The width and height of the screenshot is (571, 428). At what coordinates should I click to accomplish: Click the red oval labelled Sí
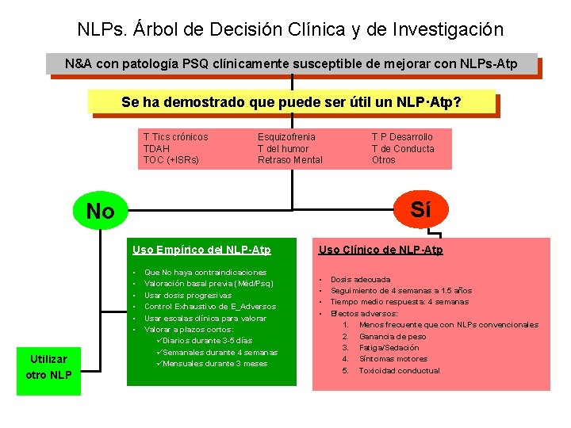[x=421, y=209]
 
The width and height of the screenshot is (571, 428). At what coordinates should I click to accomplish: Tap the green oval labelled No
[x=100, y=212]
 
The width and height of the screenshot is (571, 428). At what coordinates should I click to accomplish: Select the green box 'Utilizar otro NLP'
[x=48, y=367]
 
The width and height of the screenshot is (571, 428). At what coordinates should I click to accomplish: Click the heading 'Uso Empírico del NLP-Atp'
[x=201, y=250]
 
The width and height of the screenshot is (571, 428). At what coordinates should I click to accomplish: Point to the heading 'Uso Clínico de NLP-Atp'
[x=381, y=250]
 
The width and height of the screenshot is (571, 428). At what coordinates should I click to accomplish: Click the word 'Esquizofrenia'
[x=286, y=137]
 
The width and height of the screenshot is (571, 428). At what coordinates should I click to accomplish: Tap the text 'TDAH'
[x=156, y=148]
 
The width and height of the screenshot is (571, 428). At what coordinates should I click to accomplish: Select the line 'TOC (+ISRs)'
[x=171, y=159]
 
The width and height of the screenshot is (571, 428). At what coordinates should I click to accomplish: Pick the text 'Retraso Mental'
[x=289, y=159]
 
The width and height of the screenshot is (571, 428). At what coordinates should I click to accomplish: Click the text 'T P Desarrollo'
[x=402, y=137]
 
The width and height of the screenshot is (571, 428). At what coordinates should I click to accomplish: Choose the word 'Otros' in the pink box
[x=383, y=159]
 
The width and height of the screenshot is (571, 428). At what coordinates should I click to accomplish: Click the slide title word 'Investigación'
[x=451, y=29]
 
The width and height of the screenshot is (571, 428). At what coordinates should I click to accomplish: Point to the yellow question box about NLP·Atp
[x=291, y=102]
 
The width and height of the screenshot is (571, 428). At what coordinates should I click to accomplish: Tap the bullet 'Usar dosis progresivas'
[x=188, y=295]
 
